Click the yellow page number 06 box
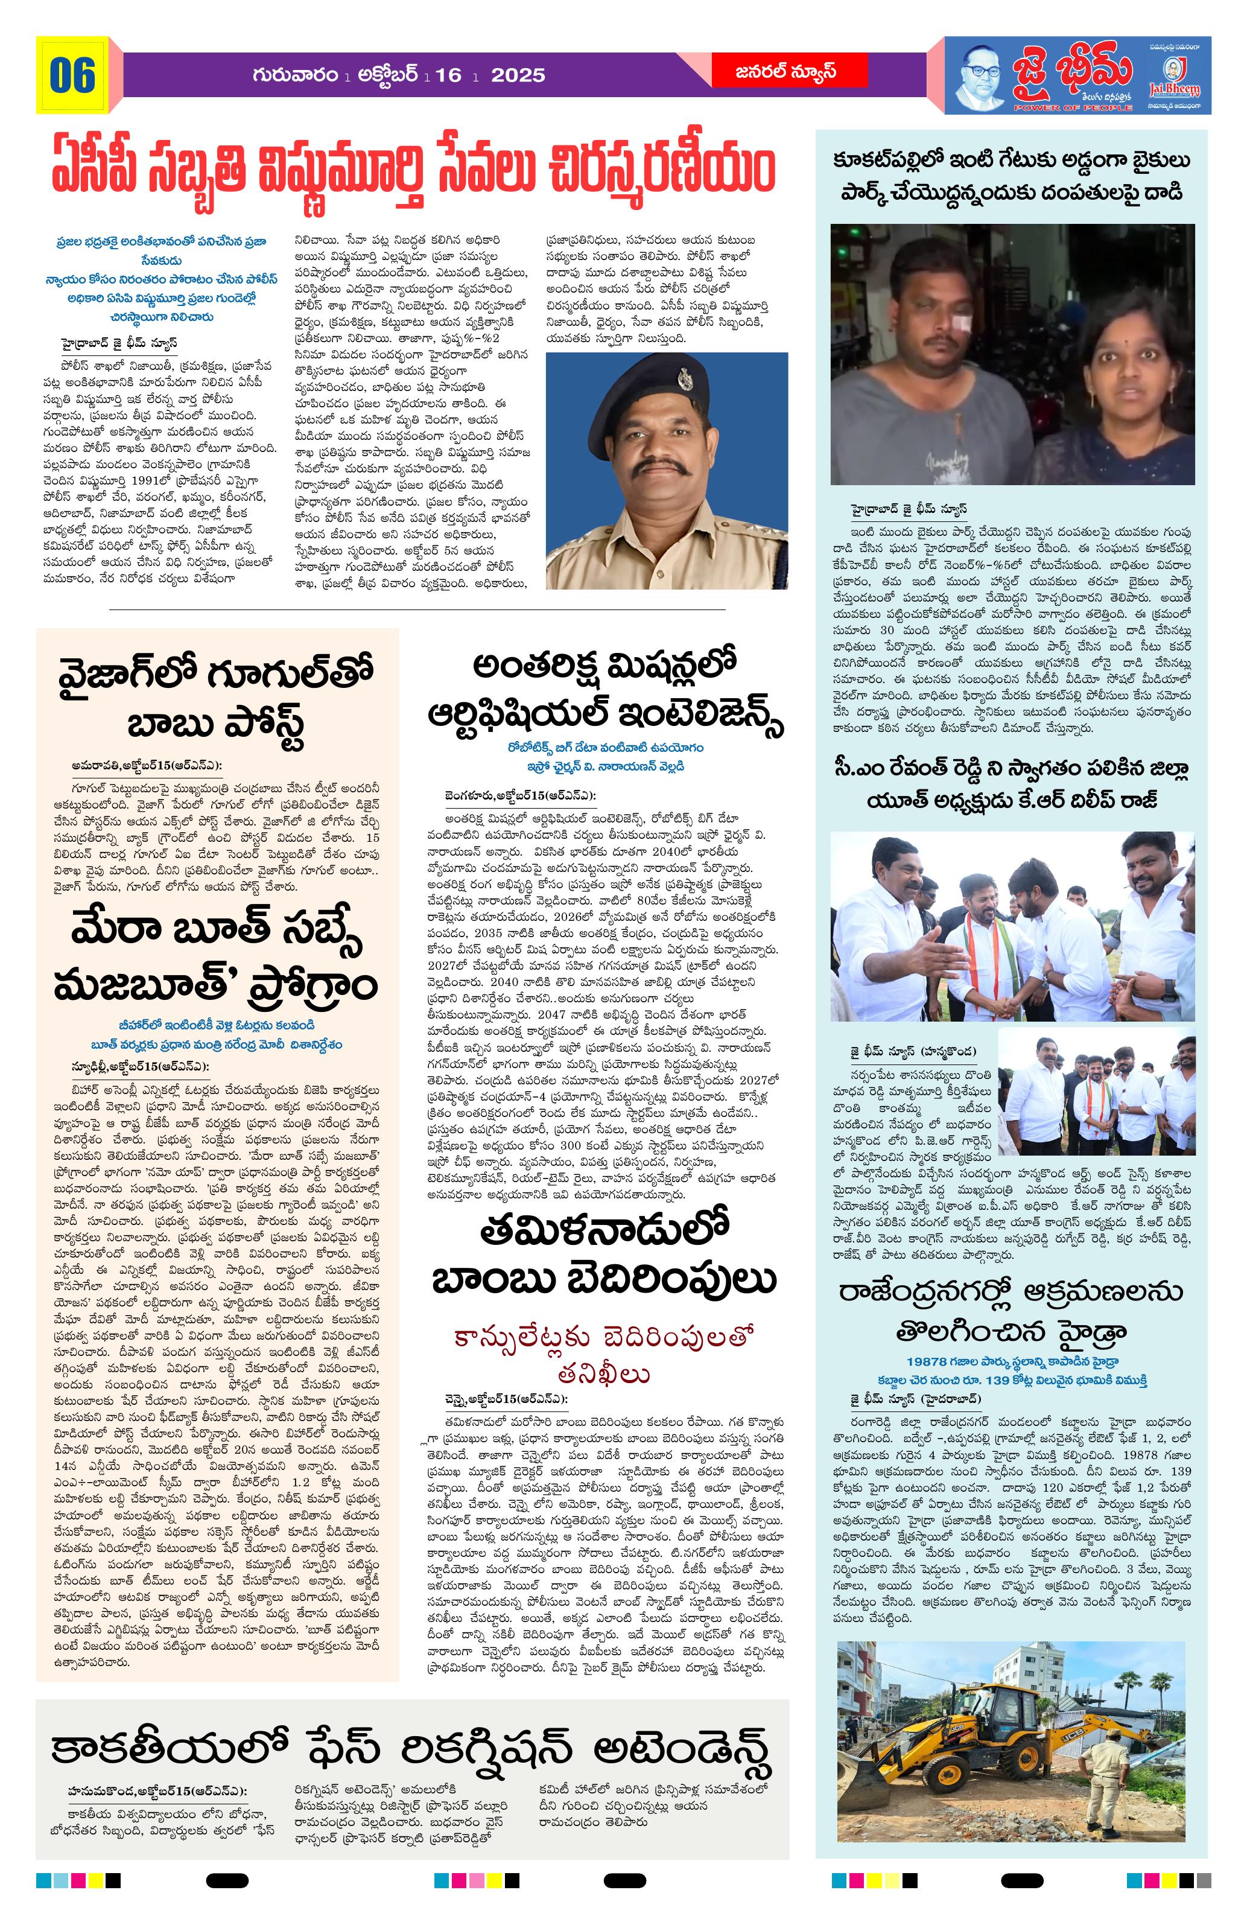tap(72, 75)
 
